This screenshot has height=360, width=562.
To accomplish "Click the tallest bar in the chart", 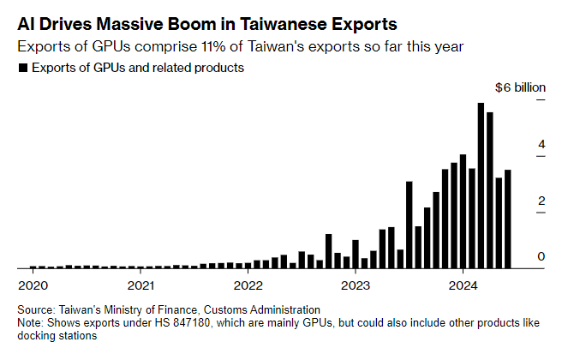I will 481,185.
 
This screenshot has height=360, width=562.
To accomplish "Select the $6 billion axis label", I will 519,87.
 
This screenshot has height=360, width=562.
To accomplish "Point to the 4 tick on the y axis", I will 541,145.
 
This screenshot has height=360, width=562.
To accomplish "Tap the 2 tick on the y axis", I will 541,201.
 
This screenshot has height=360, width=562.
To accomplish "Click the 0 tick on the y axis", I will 541,257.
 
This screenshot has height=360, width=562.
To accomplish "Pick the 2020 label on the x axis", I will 33,284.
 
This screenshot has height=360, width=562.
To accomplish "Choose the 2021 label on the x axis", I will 140,284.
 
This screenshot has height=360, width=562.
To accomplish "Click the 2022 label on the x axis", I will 248,284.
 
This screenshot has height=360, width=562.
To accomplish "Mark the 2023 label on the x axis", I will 355,284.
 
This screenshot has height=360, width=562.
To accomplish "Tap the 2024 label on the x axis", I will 463,284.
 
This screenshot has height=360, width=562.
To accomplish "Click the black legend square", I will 22,68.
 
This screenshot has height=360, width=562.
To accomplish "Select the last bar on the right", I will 508,219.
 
